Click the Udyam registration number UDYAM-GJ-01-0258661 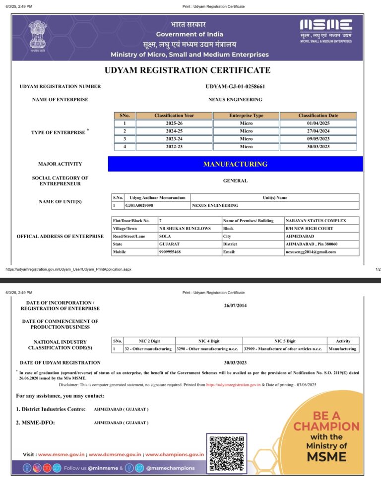pos(235,87)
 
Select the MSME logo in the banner pos(326,31)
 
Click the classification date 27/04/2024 pos(318,131)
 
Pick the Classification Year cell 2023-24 pos(174,139)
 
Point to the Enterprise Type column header pos(246,116)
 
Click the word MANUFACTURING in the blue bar pos(235,164)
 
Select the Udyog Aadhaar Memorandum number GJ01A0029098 pos(139,205)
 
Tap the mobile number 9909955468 pos(170,252)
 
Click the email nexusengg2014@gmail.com pos(311,252)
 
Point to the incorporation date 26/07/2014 pos(235,305)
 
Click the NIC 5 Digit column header pos(285,341)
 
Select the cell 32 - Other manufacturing pos(148,349)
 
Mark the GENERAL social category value pos(235,181)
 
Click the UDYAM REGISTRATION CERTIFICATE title pos(188,70)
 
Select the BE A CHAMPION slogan pos(326,421)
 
